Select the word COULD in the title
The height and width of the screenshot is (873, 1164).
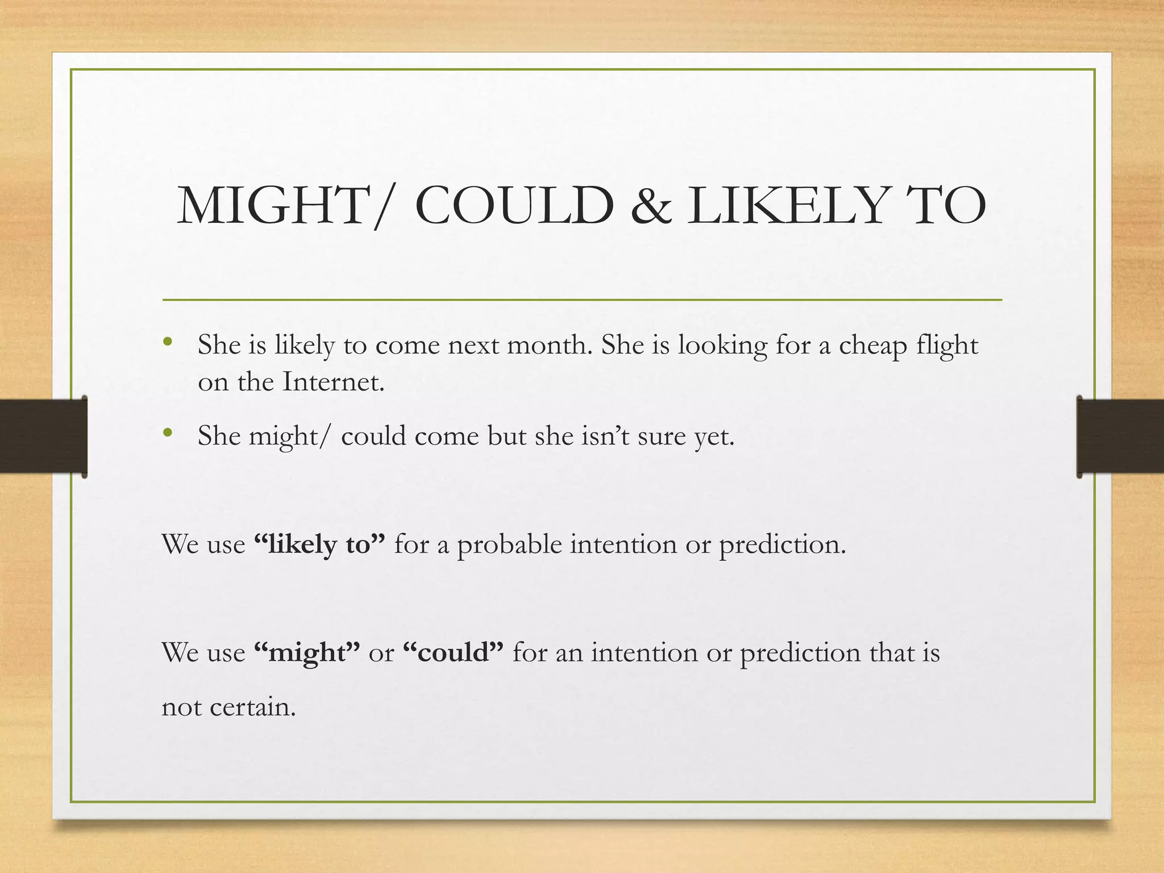coord(514,206)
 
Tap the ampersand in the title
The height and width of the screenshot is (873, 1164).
coord(650,206)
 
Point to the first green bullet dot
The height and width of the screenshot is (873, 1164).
coord(167,342)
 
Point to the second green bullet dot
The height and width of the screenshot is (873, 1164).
coord(167,433)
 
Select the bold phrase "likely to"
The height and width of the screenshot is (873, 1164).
coord(320,544)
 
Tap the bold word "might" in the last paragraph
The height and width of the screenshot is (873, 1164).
coord(307,652)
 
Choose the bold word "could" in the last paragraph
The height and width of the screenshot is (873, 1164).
coord(453,652)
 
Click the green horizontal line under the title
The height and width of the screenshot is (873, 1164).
coord(582,300)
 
